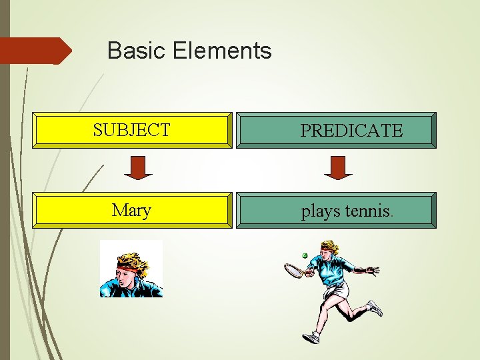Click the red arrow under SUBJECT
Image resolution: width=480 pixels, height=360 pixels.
click(138, 167)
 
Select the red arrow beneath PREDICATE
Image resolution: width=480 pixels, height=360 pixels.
click(338, 167)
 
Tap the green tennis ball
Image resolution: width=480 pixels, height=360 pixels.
click(305, 255)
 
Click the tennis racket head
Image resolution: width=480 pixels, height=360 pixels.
click(293, 270)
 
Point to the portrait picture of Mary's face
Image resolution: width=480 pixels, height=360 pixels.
click(131, 269)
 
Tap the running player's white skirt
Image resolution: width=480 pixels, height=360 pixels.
click(337, 290)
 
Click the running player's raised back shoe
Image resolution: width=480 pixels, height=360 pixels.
click(375, 307)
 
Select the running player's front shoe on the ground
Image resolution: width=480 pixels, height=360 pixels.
click(311, 337)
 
